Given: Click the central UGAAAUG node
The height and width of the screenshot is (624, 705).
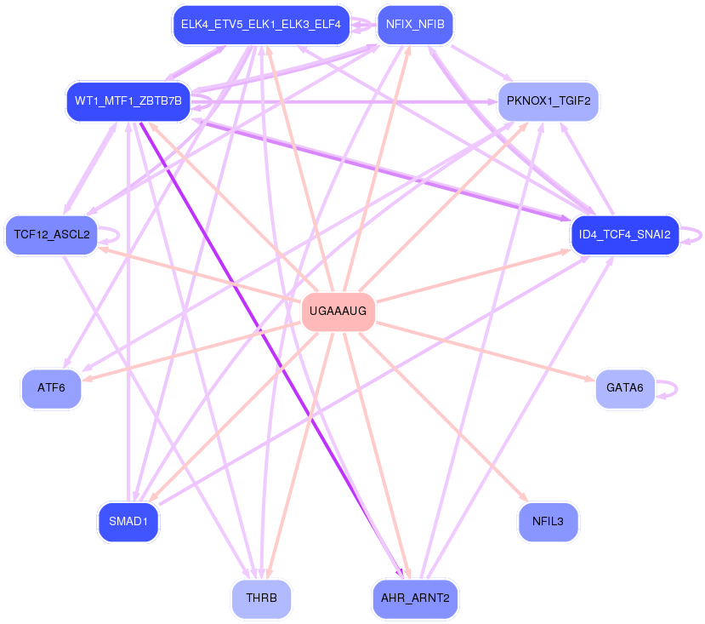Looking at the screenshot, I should [338, 312].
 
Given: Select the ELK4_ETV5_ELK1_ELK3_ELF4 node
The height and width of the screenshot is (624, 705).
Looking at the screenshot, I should [260, 25].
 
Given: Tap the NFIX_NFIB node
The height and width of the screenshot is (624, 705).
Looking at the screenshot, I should [415, 25].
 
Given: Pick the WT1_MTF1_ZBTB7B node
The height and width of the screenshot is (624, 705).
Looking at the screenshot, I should [128, 101].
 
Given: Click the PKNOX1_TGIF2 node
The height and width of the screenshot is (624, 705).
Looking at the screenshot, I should [548, 101].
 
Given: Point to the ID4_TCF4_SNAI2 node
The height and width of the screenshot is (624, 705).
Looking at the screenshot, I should [625, 234].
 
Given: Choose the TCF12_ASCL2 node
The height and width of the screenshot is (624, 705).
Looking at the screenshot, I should [52, 234].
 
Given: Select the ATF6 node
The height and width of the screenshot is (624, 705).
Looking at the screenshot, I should [52, 388].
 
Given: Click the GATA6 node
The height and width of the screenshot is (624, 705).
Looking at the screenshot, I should [625, 388].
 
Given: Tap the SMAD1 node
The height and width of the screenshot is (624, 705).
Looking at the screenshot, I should [128, 521].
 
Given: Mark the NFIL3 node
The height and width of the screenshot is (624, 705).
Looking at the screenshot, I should [548, 521].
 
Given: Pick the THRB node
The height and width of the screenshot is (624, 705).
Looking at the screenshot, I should [261, 598].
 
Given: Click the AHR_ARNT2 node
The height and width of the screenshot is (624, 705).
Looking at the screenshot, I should [415, 598].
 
